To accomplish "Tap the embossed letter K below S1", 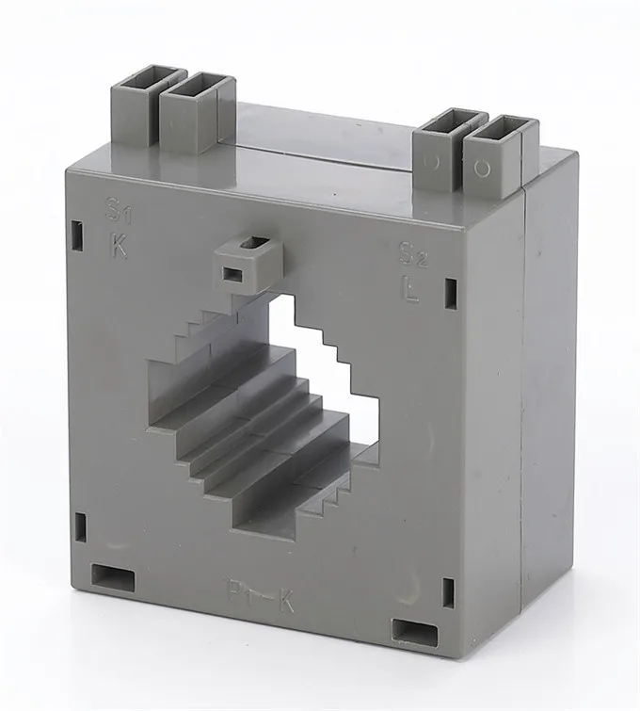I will (119, 247).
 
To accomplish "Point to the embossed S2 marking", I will (412, 254).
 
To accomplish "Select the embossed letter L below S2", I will (411, 290).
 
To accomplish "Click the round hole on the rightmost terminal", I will (483, 169).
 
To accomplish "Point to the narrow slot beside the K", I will (77, 235).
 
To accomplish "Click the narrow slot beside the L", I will (450, 294).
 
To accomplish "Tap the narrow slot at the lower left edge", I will (80, 527).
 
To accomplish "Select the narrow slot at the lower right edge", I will (448, 592).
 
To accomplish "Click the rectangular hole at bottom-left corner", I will (113, 576).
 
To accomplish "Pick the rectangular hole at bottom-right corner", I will (414, 630).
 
